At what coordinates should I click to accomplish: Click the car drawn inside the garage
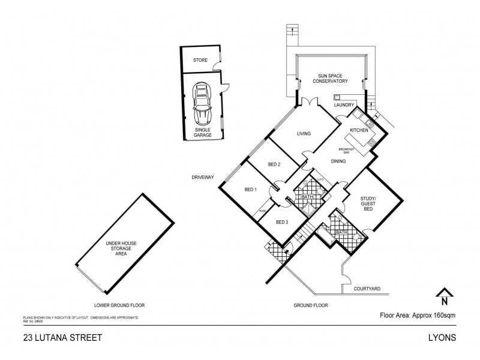click(x=202, y=103)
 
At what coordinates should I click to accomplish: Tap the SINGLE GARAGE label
click(x=203, y=133)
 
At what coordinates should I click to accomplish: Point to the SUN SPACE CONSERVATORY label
click(x=333, y=79)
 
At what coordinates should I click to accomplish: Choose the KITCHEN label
click(x=359, y=130)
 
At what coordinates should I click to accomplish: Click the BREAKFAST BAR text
click(x=346, y=151)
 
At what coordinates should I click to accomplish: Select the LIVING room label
click(x=304, y=134)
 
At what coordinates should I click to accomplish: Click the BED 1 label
click(x=251, y=190)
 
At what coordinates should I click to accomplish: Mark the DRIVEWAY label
click(x=203, y=178)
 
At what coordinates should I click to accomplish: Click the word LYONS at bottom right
click(x=443, y=338)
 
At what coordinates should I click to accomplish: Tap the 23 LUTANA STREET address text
click(x=54, y=338)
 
